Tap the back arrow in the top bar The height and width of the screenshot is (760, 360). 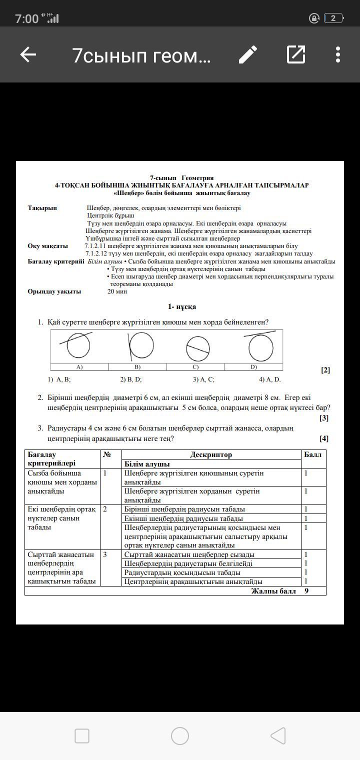(x=28, y=55)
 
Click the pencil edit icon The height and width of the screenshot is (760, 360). (x=248, y=54)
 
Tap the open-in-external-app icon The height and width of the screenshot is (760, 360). (x=296, y=54)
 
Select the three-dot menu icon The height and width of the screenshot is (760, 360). (x=338, y=54)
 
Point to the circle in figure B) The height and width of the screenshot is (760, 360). (x=141, y=346)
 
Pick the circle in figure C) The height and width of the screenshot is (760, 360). (x=198, y=348)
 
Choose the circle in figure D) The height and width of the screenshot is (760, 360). (x=261, y=347)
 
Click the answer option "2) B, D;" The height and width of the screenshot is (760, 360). (x=131, y=379)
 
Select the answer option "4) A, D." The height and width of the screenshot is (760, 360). (x=270, y=379)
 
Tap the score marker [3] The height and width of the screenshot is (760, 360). (x=324, y=418)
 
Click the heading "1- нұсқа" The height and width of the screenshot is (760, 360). (x=181, y=306)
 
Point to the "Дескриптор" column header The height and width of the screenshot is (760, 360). (x=211, y=454)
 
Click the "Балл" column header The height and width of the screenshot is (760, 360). (x=313, y=454)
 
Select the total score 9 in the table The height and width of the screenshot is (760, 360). (x=306, y=591)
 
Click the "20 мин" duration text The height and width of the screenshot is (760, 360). (x=117, y=291)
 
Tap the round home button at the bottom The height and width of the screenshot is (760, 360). (x=180, y=736)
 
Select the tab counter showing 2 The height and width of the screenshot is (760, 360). (x=333, y=18)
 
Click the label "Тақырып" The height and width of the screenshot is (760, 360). (x=42, y=208)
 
